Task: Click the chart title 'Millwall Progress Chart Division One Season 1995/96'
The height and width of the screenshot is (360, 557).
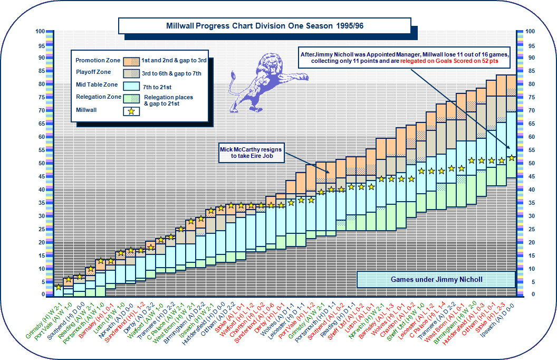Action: (264, 26)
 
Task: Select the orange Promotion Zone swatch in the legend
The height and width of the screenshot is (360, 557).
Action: (131, 60)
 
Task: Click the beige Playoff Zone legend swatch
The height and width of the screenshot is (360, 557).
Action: (131, 73)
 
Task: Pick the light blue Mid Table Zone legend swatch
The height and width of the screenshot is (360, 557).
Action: (131, 85)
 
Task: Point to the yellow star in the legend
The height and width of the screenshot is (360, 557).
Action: (131, 111)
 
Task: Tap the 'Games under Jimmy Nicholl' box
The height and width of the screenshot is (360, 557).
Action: (436, 279)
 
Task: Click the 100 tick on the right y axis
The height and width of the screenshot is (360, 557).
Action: (530, 31)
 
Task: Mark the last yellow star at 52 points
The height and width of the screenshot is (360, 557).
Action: (511, 158)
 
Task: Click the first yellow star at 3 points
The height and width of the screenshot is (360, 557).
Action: (58, 287)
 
